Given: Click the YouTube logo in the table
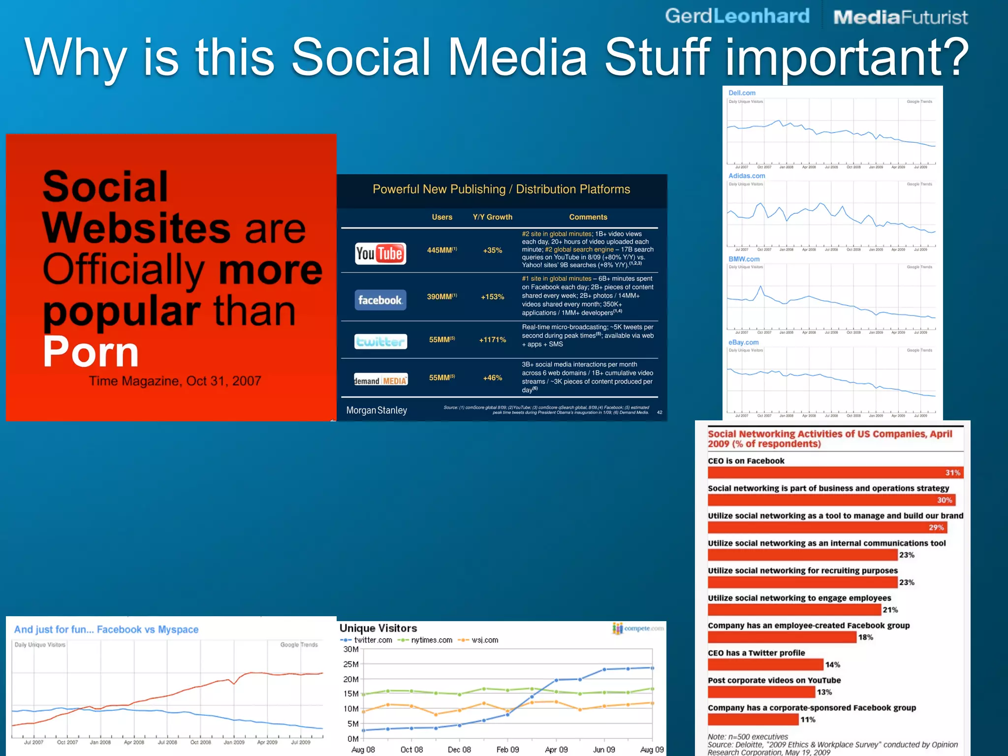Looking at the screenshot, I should (380, 253).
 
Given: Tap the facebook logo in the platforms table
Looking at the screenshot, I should (380, 300).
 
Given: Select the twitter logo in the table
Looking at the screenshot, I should (380, 341).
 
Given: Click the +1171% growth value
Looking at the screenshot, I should (492, 340).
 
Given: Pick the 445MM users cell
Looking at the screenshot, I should (441, 250).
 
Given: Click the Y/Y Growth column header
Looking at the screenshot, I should (492, 217).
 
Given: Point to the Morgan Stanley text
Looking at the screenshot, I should (377, 410).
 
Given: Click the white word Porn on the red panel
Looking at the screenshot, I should (91, 351).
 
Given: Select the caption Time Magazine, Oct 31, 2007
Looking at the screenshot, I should (175, 381).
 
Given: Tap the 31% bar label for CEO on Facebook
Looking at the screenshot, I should (952, 472).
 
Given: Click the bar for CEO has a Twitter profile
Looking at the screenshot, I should (765, 664).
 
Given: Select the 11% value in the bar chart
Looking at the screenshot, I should (808, 720).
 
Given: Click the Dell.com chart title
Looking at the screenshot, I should (742, 93).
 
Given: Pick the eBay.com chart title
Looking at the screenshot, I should (743, 342).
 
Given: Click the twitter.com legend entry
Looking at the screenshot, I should (367, 640).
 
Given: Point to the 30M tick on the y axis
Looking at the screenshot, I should (351, 649).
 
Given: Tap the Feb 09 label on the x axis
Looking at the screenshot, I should (507, 749).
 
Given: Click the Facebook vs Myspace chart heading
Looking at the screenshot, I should (106, 630).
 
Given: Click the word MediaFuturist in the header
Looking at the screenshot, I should (900, 17).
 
